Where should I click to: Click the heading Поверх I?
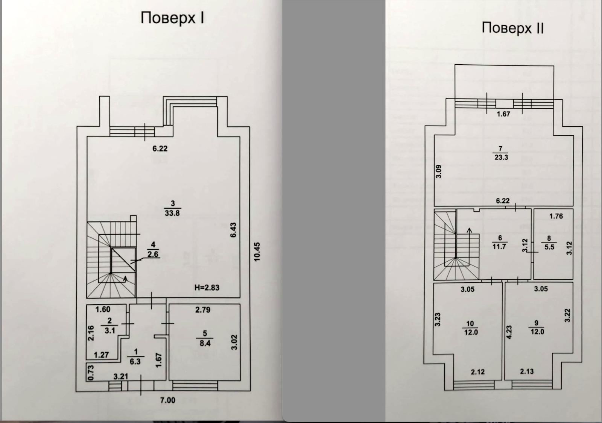pos(172,18)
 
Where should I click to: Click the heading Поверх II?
pos(512,28)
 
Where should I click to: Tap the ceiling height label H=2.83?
pos(207,288)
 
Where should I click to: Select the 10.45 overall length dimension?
pos(257,252)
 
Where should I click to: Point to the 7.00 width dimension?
pos(167,400)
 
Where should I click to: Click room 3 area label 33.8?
pos(172,213)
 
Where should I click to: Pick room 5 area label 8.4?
pos(205,343)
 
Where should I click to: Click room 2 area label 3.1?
pos(109,330)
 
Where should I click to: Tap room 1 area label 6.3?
pos(135,361)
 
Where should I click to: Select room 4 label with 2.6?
pos(153,254)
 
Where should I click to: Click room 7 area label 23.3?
pos(501,157)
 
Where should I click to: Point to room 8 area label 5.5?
pos(549,247)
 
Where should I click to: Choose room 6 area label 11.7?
pos(499,246)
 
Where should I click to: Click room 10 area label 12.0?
pos(470,332)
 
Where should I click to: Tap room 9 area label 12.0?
pos(537,331)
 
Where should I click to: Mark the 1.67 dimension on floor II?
pos(503,114)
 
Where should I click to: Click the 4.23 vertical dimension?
pos(509,332)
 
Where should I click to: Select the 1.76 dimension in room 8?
pos(556,216)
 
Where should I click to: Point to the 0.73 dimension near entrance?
pos(90,372)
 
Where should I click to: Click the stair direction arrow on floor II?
pos(469,230)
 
